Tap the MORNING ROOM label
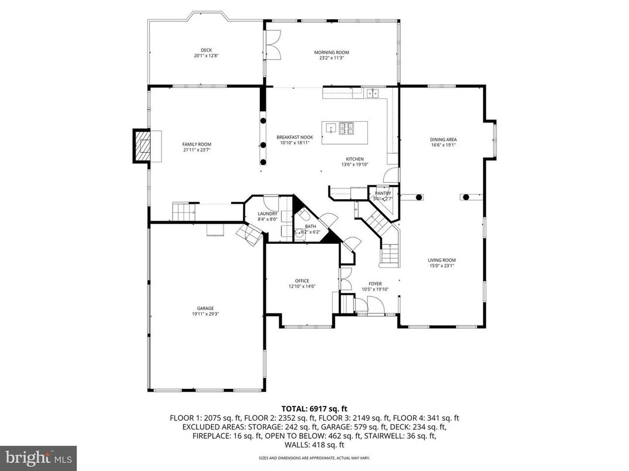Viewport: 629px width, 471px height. pyautogui.click(x=327, y=52)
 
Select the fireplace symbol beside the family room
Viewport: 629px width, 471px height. pyautogui.click(x=143, y=146)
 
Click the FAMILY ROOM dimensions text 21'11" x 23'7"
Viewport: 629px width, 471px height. pyautogui.click(x=197, y=150)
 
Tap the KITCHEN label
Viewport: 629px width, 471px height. pyautogui.click(x=354, y=159)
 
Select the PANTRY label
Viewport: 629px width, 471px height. pyautogui.click(x=383, y=193)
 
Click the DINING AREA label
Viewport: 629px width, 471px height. pyautogui.click(x=443, y=139)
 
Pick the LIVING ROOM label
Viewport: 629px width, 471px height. pyautogui.click(x=442, y=260)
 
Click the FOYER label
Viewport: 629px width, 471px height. pyautogui.click(x=375, y=284)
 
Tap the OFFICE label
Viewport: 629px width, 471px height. pyautogui.click(x=302, y=281)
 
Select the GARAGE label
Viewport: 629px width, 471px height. pyautogui.click(x=205, y=308)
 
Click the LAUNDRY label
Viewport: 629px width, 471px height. pyautogui.click(x=267, y=214)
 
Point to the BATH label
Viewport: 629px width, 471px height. pyautogui.click(x=310, y=226)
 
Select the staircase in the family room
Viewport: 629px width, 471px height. pyautogui.click(x=183, y=211)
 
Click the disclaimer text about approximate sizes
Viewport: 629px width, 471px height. pyautogui.click(x=314, y=458)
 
